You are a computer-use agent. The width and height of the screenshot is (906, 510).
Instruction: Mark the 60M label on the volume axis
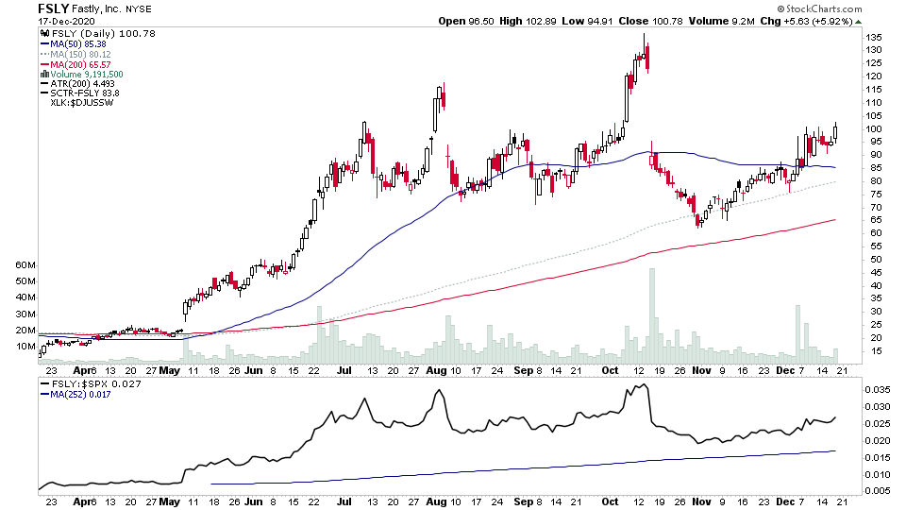click(x=25, y=266)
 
